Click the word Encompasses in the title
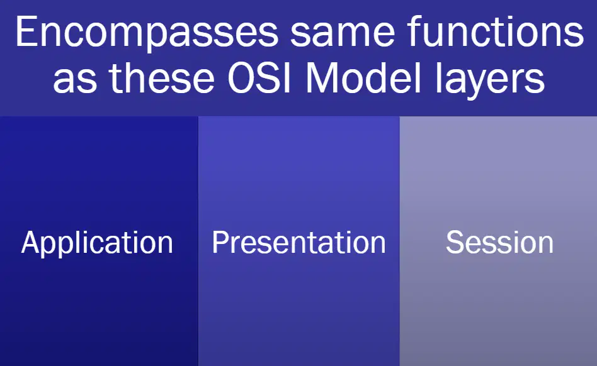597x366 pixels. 147,33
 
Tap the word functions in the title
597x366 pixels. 495,31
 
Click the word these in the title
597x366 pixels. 162,77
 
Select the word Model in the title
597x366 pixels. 363,77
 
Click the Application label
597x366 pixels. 98,243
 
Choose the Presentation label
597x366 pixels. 299,242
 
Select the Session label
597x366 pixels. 499,242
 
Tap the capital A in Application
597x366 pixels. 32,242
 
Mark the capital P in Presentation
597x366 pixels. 220,242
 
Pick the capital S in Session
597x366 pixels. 455,242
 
